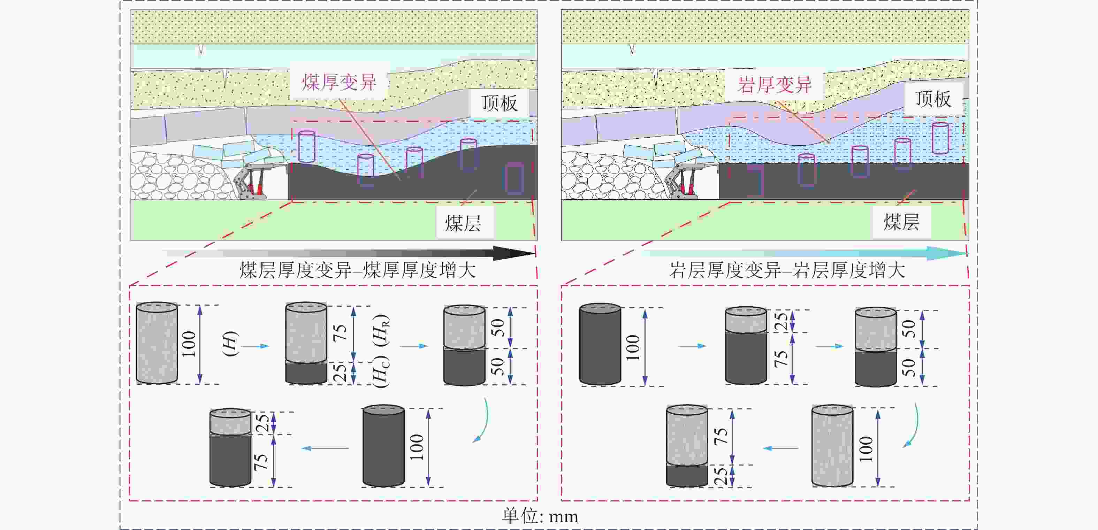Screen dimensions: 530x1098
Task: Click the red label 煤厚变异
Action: pos(339,82)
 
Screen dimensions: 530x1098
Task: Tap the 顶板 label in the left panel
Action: pos(499,103)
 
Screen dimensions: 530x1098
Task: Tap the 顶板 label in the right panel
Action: pos(933,99)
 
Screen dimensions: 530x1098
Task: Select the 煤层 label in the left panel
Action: pos(463,223)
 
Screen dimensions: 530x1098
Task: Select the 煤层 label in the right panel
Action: pos(901,222)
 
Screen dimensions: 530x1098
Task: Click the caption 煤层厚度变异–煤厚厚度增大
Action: pos(357,270)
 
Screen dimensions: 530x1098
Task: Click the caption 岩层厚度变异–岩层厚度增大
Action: pos(786,270)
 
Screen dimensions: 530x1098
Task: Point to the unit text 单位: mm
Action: pos(540,516)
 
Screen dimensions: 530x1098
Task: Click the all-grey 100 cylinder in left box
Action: pos(157,343)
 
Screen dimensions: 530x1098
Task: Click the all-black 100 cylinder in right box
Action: pos(600,344)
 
